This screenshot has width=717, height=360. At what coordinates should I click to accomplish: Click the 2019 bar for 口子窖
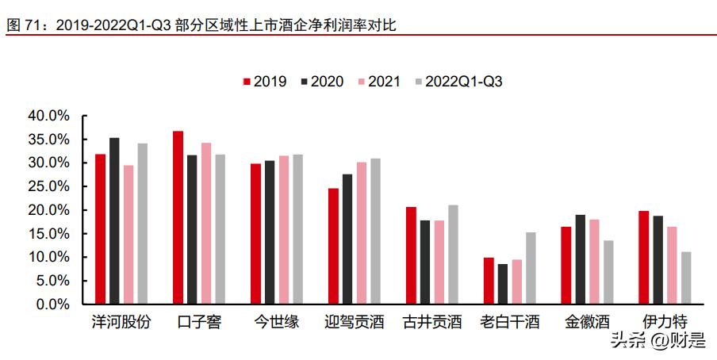pyautogui.click(x=178, y=217)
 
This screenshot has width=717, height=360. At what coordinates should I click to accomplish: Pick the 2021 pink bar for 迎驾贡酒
pyautogui.click(x=362, y=233)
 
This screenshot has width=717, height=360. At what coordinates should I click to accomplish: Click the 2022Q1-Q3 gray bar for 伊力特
pyautogui.click(x=686, y=278)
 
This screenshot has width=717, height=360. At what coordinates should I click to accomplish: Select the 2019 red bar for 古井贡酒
pyautogui.click(x=411, y=255)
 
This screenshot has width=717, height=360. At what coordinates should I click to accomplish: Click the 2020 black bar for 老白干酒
pyautogui.click(x=503, y=284)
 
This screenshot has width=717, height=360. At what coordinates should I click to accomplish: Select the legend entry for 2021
pyautogui.click(x=378, y=82)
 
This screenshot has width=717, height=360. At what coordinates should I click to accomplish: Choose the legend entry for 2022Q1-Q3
pyautogui.click(x=457, y=82)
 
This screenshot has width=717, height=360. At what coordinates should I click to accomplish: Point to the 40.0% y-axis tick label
pyautogui.click(x=49, y=116)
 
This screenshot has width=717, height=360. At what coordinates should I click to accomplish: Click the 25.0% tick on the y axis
pyautogui.click(x=49, y=186)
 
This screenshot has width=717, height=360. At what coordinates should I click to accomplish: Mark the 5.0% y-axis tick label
pyautogui.click(x=52, y=281)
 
